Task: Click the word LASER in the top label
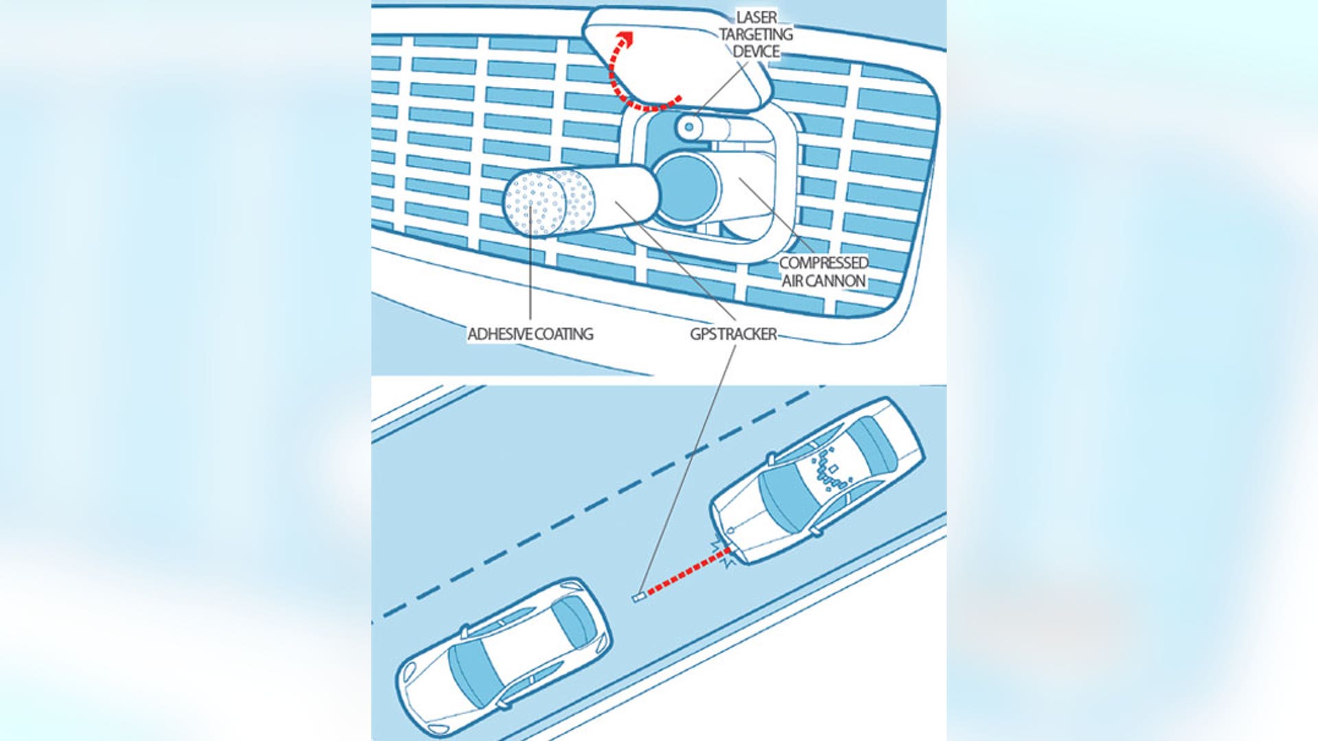756,17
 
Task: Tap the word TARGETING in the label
756,34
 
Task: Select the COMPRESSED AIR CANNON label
824,272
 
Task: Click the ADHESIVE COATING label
530,334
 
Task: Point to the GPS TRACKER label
733,334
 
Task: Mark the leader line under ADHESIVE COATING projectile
530,274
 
